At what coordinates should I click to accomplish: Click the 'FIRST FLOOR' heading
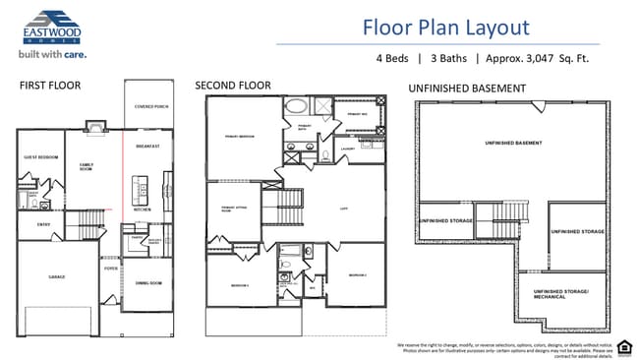pyautogui.click(x=50, y=87)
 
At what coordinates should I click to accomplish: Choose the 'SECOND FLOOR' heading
pyautogui.click(x=234, y=87)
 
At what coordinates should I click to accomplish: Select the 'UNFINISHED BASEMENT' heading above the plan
pyautogui.click(x=467, y=89)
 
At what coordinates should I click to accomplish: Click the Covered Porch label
pyautogui.click(x=152, y=106)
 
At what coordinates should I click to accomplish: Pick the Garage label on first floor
pyautogui.click(x=57, y=276)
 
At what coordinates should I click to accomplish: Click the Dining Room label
pyautogui.click(x=148, y=282)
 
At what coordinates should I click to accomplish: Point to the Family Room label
pyautogui.click(x=87, y=166)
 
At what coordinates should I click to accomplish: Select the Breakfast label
pyautogui.click(x=147, y=147)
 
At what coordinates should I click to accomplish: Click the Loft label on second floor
pyautogui.click(x=344, y=209)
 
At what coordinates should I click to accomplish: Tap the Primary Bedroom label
pyautogui.click(x=240, y=136)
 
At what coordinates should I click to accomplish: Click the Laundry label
pyautogui.click(x=347, y=149)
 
